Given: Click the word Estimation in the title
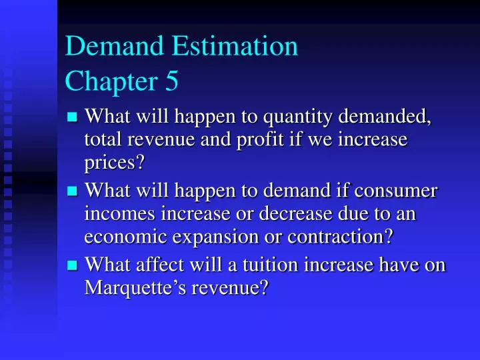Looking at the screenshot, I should click(235, 46).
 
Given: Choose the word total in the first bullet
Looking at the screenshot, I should click(103, 141).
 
